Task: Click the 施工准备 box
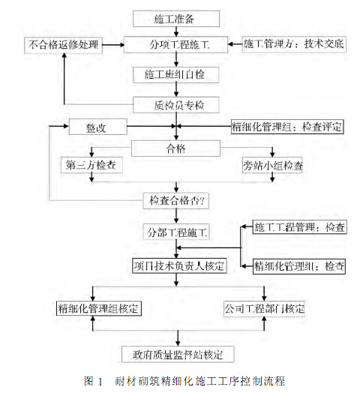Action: [x=176, y=16]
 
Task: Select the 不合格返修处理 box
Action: [x=63, y=45]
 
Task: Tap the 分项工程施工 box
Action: [x=178, y=45]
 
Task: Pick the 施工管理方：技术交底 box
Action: [x=295, y=45]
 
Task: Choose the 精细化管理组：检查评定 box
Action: [x=287, y=127]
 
